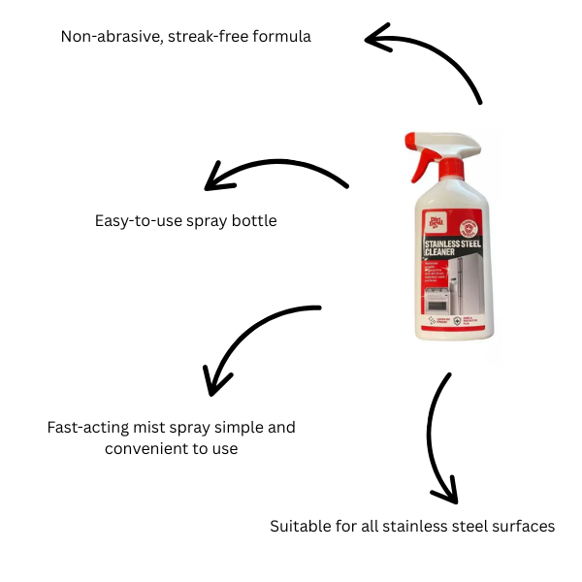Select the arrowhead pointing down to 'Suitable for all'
(444, 493)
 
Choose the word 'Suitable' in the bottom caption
(299, 527)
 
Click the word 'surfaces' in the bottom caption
(524, 527)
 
